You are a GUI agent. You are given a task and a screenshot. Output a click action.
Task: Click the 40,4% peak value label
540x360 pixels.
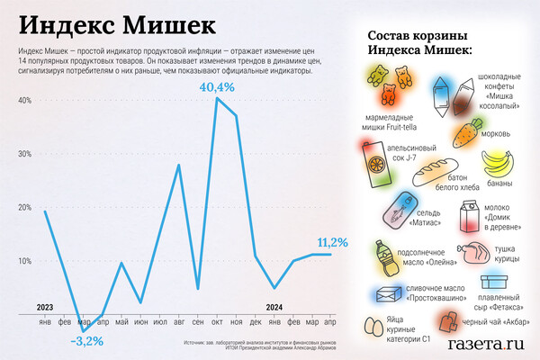[x=217, y=87]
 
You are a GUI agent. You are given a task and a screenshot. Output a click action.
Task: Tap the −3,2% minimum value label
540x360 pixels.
[x=85, y=340]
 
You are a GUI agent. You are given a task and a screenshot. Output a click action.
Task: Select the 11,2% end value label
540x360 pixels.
[x=332, y=243]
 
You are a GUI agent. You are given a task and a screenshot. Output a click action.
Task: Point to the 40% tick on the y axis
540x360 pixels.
[x=24, y=100]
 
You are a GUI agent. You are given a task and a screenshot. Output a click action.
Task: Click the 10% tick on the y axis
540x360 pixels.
[x=24, y=261]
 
